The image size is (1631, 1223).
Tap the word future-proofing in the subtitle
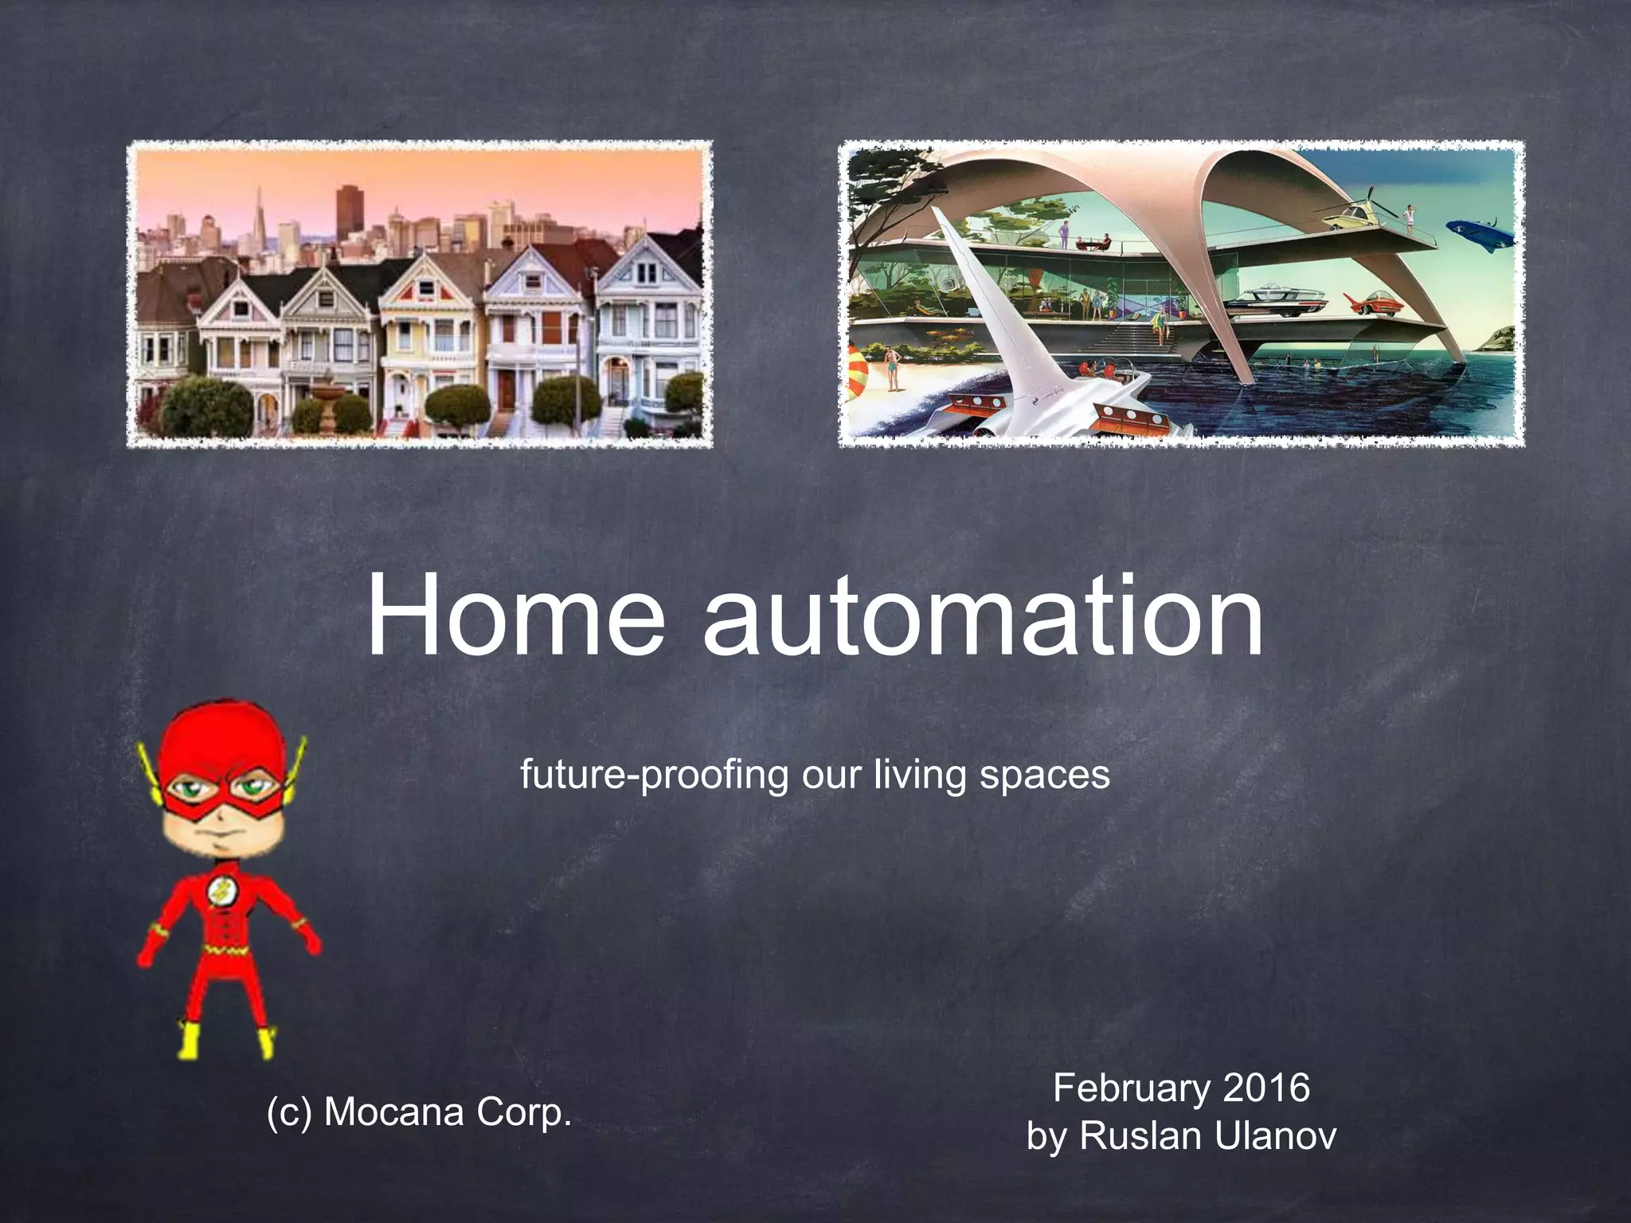coord(654,775)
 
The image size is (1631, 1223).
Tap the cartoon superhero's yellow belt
coord(221,950)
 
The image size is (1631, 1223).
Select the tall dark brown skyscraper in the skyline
coord(350,211)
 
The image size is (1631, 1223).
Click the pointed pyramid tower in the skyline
coord(259,215)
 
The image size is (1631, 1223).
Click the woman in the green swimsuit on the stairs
coord(1161,325)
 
